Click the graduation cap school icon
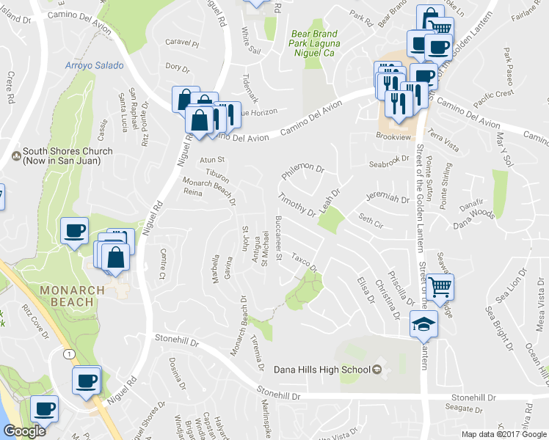(423, 323)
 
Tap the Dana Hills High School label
(321, 369)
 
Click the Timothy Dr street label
(297, 205)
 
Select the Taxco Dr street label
(303, 263)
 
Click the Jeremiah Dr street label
(386, 198)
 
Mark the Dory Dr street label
(178, 67)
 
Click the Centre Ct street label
(163, 265)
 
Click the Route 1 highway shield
(68, 354)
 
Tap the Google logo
(23, 430)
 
